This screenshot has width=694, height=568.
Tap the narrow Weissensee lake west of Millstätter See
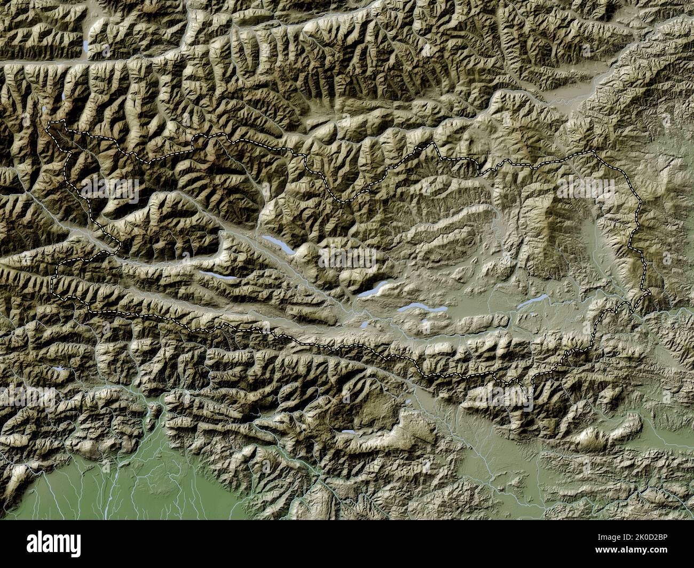[218, 276]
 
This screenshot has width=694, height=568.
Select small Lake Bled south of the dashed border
[407, 402]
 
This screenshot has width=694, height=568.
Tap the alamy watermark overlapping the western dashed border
[110, 188]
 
